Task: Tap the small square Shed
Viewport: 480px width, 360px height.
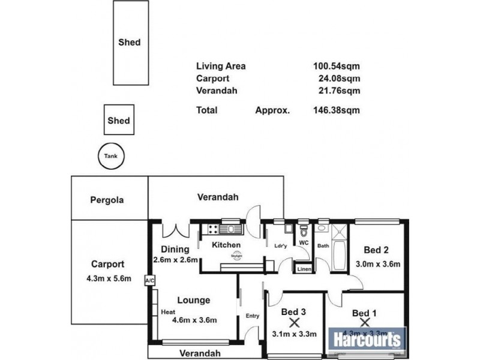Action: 118,121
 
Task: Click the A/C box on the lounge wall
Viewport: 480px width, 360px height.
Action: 148,280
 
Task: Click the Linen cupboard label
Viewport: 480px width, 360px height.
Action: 304,269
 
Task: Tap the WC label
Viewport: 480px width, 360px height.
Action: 304,243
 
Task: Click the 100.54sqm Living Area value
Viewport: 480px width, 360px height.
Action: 336,67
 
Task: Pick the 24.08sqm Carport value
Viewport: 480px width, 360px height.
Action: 339,78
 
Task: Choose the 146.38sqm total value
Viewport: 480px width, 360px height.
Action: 336,110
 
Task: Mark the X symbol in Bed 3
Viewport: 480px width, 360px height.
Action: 295,322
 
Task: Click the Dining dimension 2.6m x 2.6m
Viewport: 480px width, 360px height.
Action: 175,260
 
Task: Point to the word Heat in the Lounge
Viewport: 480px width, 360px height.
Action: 168,312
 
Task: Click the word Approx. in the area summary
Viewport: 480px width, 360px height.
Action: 272,110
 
